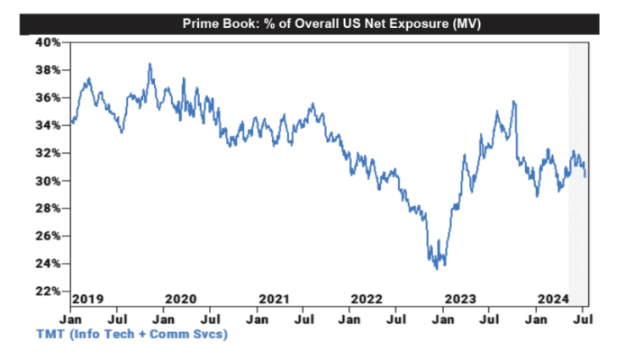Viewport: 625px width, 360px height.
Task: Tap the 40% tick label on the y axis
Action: tap(49, 42)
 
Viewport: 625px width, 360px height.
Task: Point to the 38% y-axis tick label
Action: tap(49, 70)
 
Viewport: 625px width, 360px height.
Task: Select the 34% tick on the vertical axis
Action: tap(49, 125)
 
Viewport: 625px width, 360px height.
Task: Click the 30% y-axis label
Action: tap(49, 181)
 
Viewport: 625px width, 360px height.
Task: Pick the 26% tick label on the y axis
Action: tap(49, 236)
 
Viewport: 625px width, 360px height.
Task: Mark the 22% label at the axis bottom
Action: tap(49, 292)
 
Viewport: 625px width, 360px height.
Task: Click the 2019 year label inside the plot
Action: tap(87, 298)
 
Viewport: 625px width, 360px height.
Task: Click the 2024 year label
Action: tap(551, 298)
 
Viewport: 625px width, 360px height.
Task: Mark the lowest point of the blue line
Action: tap(436, 269)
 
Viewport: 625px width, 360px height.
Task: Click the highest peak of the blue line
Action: tap(149, 64)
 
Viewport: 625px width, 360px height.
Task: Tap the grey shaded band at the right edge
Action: tap(578, 171)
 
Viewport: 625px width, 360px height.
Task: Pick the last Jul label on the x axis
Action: tap(584, 318)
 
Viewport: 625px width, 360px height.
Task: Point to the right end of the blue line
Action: tap(585, 176)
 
